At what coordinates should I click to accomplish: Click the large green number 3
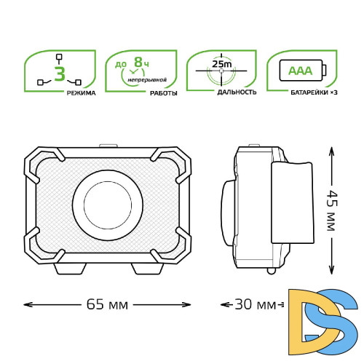click(x=60, y=74)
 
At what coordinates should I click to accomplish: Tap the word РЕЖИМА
click(x=81, y=93)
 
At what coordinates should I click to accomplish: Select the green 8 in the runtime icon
click(x=138, y=62)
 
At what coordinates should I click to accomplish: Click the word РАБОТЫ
click(x=164, y=93)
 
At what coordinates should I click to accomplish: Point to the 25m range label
click(x=222, y=64)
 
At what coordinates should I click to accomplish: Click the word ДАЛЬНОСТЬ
click(x=237, y=92)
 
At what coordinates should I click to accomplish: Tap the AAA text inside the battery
click(x=301, y=71)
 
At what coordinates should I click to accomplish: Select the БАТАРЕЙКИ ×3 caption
click(x=314, y=92)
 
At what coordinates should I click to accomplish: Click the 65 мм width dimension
click(x=107, y=304)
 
